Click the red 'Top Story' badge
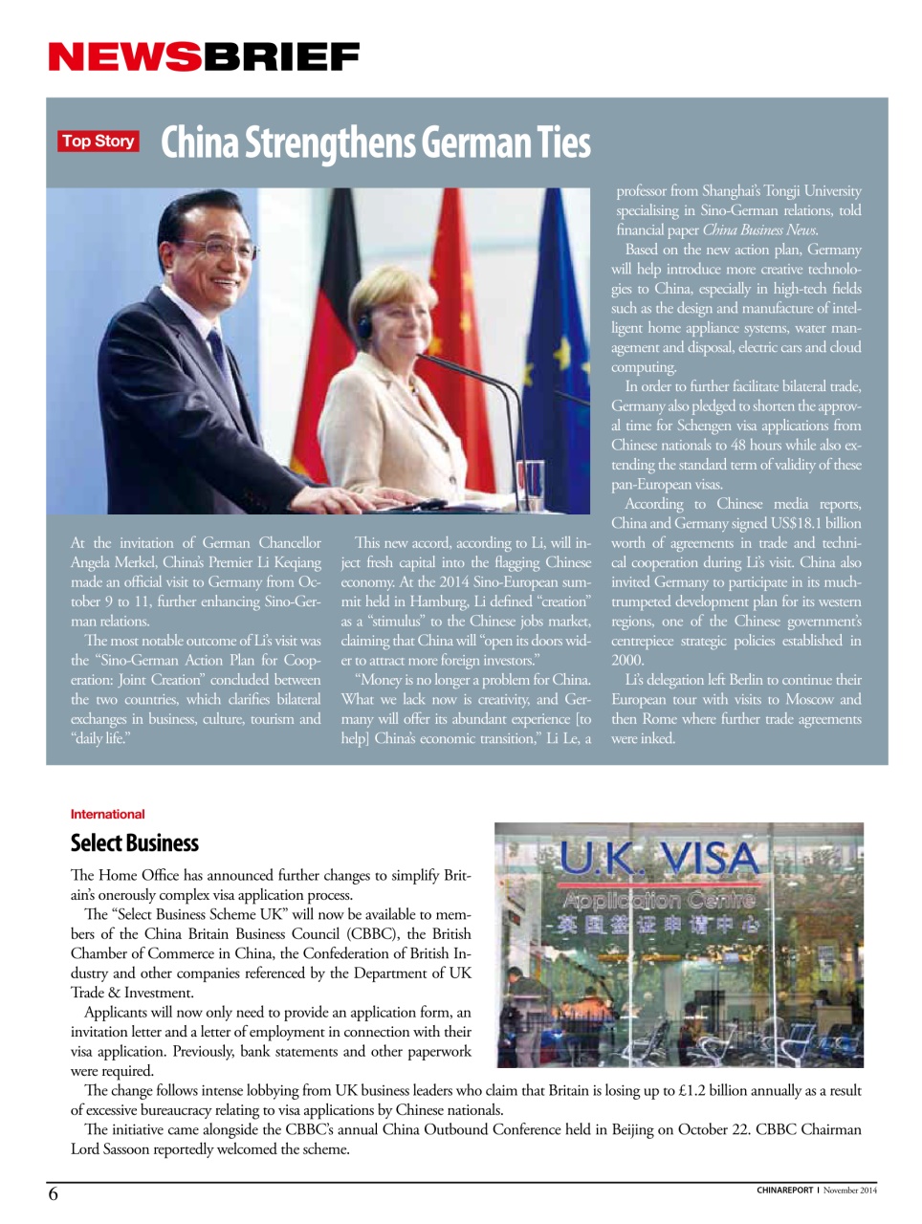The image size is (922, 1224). pyautogui.click(x=99, y=142)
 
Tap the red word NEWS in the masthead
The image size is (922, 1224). pyautogui.click(x=124, y=57)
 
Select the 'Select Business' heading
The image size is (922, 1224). pyautogui.click(x=134, y=842)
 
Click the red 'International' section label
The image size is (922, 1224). pyautogui.click(x=107, y=814)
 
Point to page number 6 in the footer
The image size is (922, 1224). pyautogui.click(x=54, y=1193)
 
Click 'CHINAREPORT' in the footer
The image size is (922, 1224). pyautogui.click(x=784, y=1191)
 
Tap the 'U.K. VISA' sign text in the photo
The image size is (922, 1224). pyautogui.click(x=658, y=858)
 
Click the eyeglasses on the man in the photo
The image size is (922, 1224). pyautogui.click(x=228, y=251)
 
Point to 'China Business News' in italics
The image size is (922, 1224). pyautogui.click(x=759, y=229)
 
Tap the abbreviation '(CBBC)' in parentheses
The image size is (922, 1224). pyautogui.click(x=372, y=933)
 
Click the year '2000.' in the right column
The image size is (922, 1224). pyautogui.click(x=628, y=660)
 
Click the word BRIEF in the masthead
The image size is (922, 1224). pyautogui.click(x=281, y=57)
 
